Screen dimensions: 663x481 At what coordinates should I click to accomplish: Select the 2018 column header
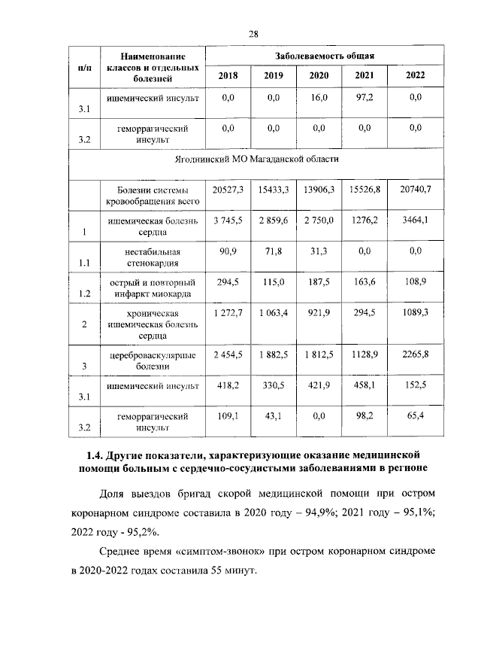[226, 75]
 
